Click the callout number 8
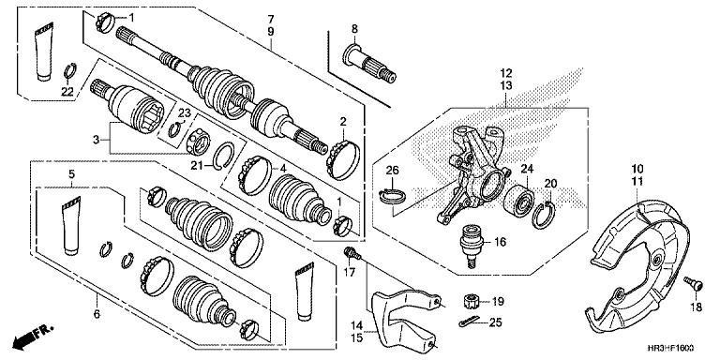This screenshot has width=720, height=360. [355, 29]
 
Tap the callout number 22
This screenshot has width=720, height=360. [67, 91]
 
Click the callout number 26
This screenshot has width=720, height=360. [392, 170]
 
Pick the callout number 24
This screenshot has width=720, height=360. [527, 170]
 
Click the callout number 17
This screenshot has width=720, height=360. [351, 273]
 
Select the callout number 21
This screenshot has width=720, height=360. [196, 166]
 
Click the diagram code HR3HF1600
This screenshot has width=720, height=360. [680, 348]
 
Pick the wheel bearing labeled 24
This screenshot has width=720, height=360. [516, 200]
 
